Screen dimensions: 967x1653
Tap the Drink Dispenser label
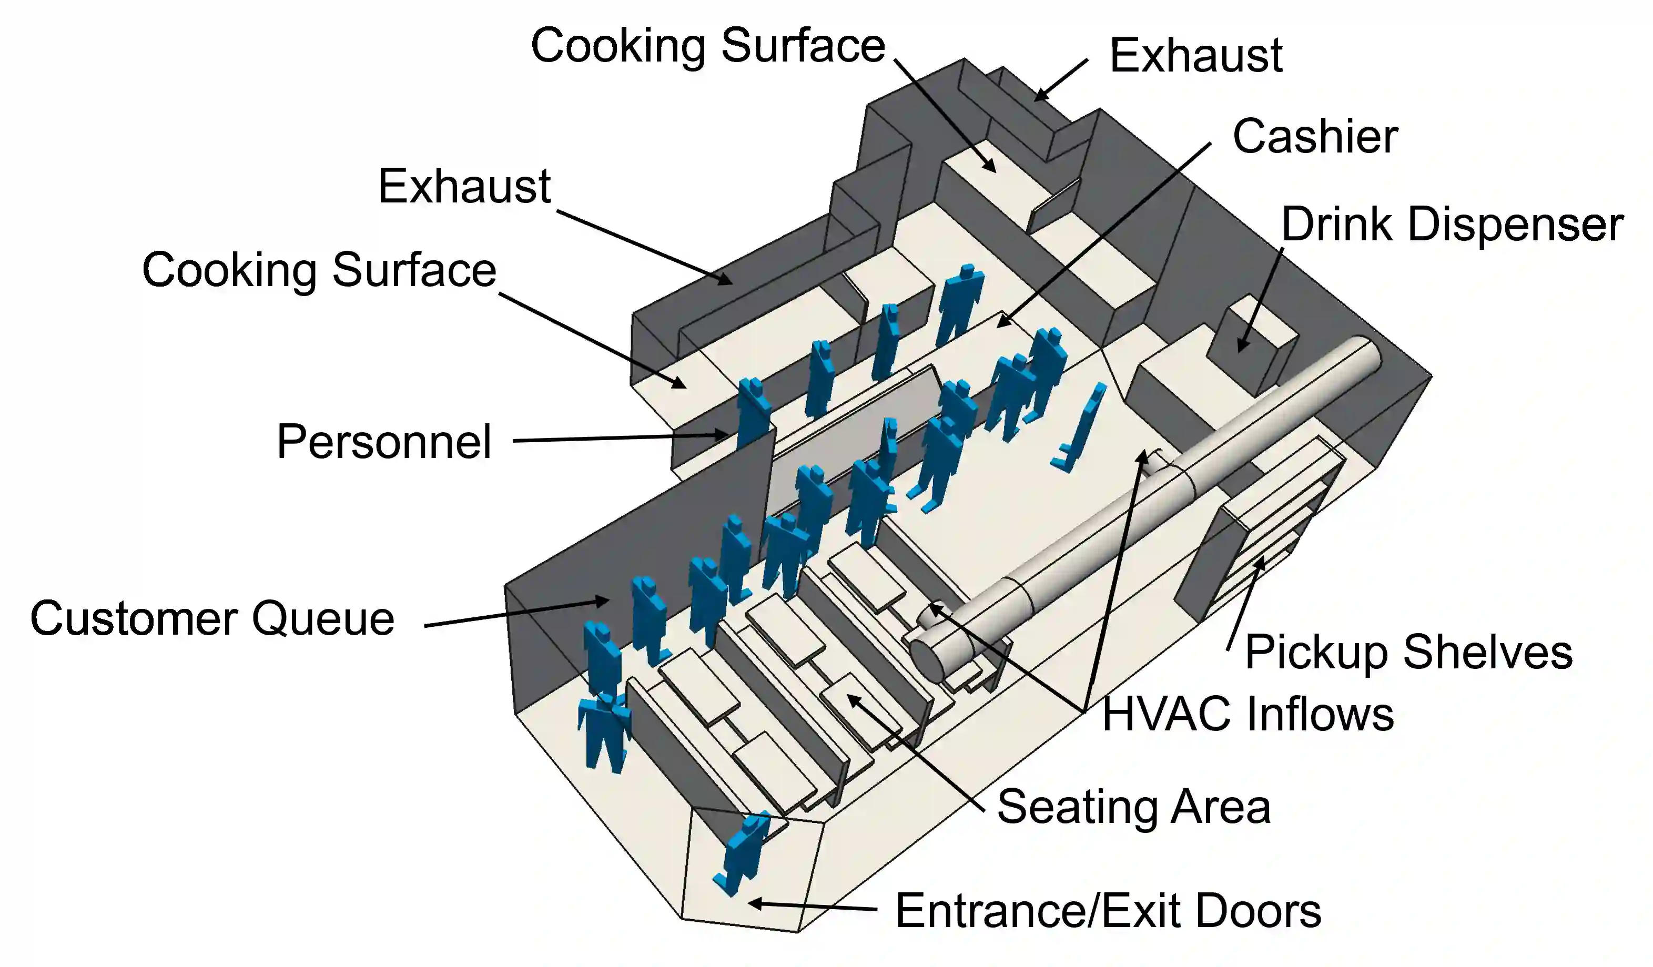(1452, 225)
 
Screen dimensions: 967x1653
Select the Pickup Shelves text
(1408, 652)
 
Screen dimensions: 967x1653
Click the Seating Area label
(1133, 806)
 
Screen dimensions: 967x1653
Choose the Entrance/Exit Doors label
(1108, 911)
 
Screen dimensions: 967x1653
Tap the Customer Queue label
(212, 619)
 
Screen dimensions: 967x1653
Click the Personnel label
(384, 442)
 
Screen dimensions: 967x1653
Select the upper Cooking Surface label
(708, 46)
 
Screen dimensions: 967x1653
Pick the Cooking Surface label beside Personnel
(319, 270)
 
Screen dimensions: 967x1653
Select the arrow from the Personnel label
(620, 437)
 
